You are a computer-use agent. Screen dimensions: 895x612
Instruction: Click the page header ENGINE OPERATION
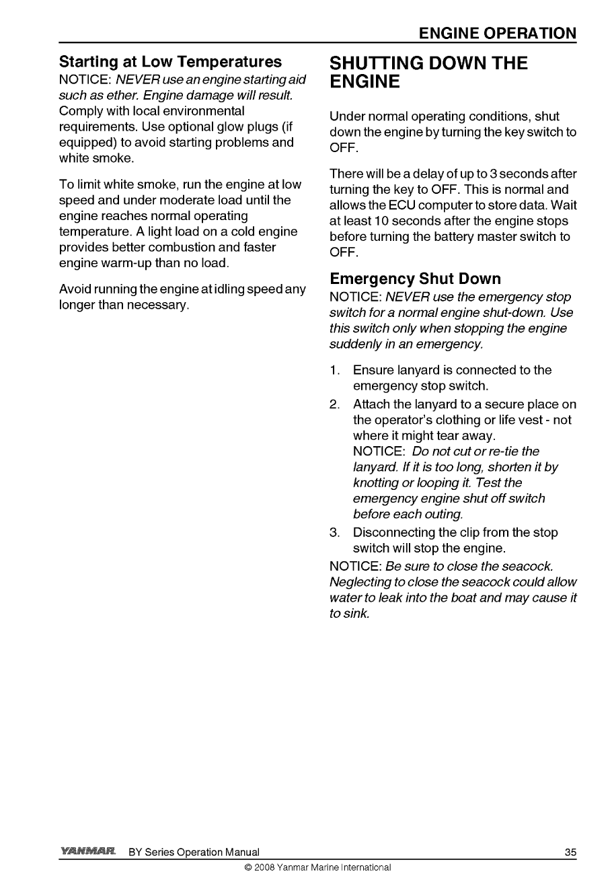[x=497, y=33]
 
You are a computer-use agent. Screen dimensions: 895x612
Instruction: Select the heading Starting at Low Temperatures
[x=171, y=62]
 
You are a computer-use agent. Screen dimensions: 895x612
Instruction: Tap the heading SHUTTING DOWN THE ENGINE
[x=429, y=73]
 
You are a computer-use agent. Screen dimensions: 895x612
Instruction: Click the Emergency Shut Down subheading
[x=415, y=279]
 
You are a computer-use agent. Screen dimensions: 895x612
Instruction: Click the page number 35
[x=570, y=853]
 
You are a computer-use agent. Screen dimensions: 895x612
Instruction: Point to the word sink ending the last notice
[x=357, y=614]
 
